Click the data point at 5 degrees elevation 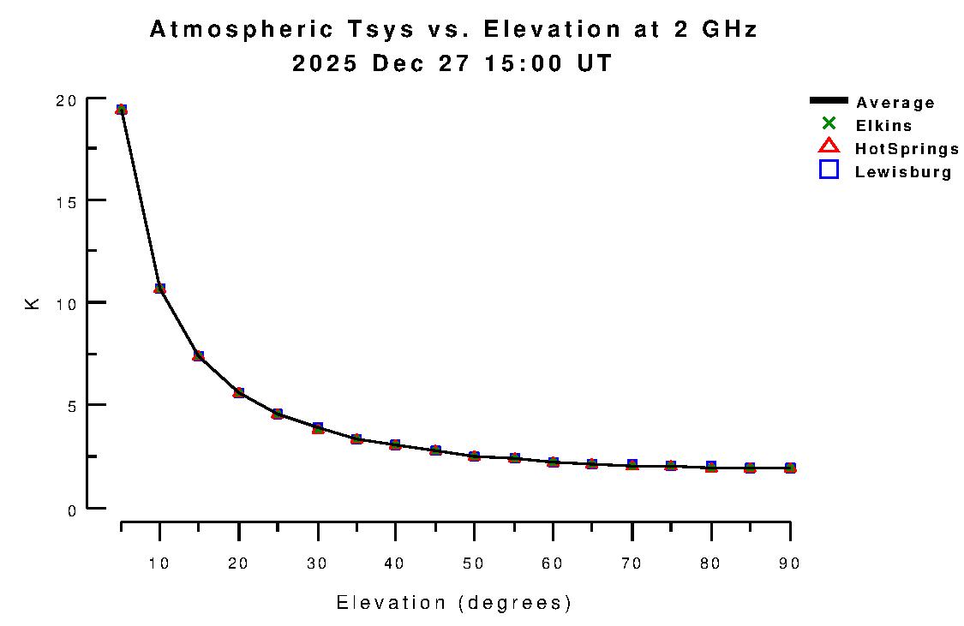pyautogui.click(x=122, y=110)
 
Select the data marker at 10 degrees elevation pyautogui.click(x=159, y=289)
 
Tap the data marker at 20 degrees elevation pyautogui.click(x=239, y=393)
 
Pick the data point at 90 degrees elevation pyautogui.click(x=790, y=468)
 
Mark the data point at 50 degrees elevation pyautogui.click(x=474, y=456)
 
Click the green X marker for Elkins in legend pyautogui.click(x=829, y=123)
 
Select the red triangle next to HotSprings pyautogui.click(x=829, y=146)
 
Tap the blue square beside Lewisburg pyautogui.click(x=829, y=170)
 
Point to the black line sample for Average pyautogui.click(x=829, y=101)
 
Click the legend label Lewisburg pyautogui.click(x=903, y=172)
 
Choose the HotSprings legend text pyautogui.click(x=907, y=149)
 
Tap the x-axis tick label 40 pyautogui.click(x=395, y=563)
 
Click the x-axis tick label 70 pyautogui.click(x=632, y=563)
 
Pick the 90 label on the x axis pyautogui.click(x=790, y=563)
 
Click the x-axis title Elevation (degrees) pyautogui.click(x=454, y=603)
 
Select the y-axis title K pyautogui.click(x=33, y=303)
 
